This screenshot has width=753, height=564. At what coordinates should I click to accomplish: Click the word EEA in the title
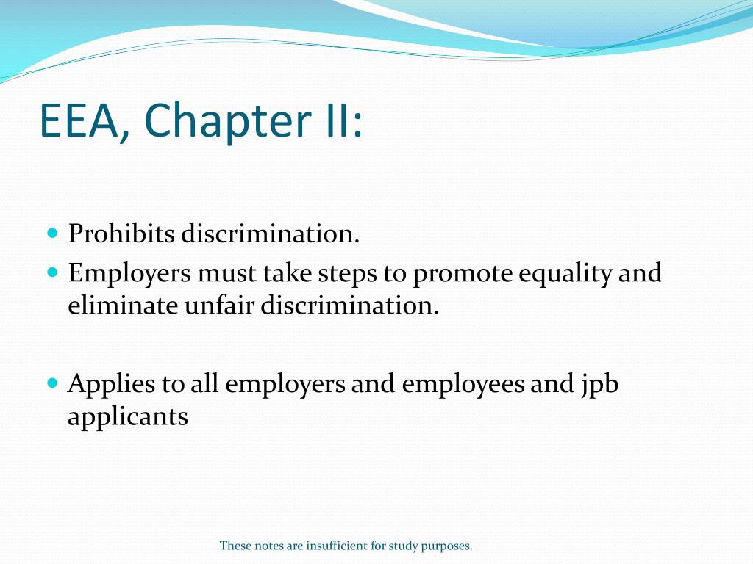click(81, 120)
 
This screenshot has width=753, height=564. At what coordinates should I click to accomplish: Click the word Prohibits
click(121, 235)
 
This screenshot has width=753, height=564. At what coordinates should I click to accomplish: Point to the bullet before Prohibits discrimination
click(52, 234)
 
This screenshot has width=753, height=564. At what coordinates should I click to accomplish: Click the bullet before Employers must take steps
click(52, 272)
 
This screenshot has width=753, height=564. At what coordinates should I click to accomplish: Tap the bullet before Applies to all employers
click(52, 383)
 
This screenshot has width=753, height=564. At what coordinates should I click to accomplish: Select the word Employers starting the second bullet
click(129, 274)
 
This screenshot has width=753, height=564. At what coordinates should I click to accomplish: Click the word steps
click(347, 274)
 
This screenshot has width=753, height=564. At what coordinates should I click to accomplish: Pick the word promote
click(461, 274)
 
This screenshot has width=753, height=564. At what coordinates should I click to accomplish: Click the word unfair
click(207, 305)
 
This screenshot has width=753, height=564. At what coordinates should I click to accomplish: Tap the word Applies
click(112, 385)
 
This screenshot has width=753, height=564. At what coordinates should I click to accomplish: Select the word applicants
click(128, 417)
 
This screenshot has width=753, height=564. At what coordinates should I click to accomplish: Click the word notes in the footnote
click(265, 546)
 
